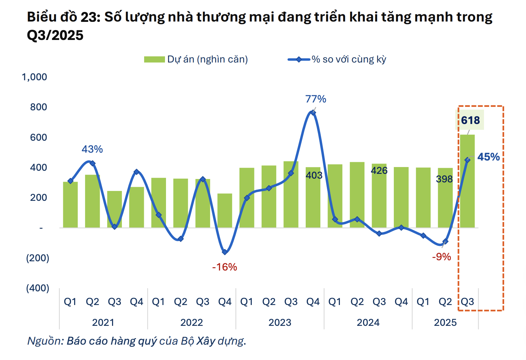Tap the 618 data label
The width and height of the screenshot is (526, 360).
coord(470,120)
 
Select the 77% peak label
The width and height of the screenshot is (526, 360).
coord(316,99)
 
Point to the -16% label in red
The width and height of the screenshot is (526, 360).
coord(224,267)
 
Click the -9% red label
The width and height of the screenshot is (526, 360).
coord(441,257)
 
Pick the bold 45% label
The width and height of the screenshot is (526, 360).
coord(488,157)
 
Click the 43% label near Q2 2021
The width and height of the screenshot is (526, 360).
coord(92,149)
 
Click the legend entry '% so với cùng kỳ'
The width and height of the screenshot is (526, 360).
coord(348,59)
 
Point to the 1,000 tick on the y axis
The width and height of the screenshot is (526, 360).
coord(34,77)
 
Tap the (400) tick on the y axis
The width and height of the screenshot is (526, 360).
coord(38,288)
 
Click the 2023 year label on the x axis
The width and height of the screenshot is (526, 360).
coord(280,322)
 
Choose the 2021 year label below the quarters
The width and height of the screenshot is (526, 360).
coord(103,322)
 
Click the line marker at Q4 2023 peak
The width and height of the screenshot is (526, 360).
coord(313,113)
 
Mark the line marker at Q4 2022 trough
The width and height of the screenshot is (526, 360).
coord(225,252)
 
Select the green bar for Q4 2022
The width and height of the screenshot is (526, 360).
coord(225,210)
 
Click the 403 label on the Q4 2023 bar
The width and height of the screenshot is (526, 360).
coord(314,175)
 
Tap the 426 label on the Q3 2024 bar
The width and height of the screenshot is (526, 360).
coord(379,170)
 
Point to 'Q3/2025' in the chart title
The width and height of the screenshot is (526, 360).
coord(55,36)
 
